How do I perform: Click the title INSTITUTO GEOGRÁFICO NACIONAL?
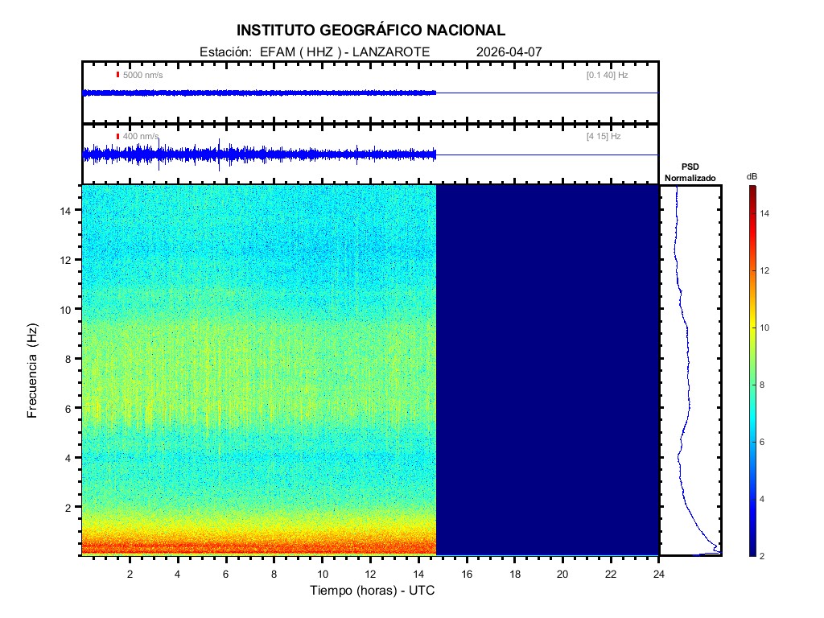click(371, 31)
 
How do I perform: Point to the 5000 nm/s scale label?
click(142, 75)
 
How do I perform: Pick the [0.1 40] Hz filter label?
click(607, 75)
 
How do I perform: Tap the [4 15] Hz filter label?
click(604, 137)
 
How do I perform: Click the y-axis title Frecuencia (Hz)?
click(33, 371)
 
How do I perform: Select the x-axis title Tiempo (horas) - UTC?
click(373, 591)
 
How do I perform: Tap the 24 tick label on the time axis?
click(659, 573)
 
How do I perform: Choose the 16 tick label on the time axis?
click(467, 573)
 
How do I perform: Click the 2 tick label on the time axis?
click(130, 573)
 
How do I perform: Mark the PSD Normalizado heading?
click(690, 172)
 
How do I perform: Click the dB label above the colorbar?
click(752, 176)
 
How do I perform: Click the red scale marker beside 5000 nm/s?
click(117, 75)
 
